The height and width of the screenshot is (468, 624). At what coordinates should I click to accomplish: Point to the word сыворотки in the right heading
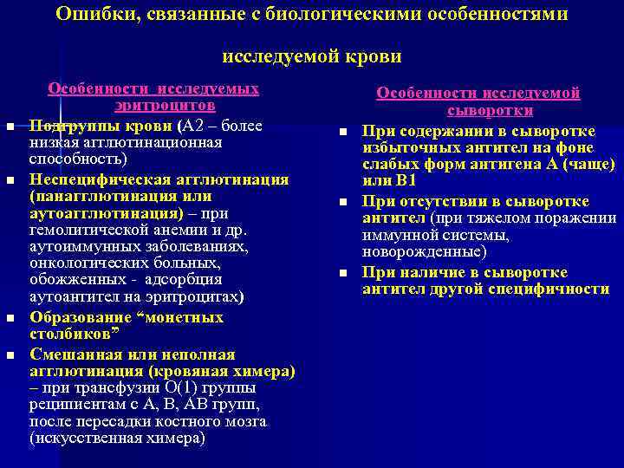click(x=490, y=111)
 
